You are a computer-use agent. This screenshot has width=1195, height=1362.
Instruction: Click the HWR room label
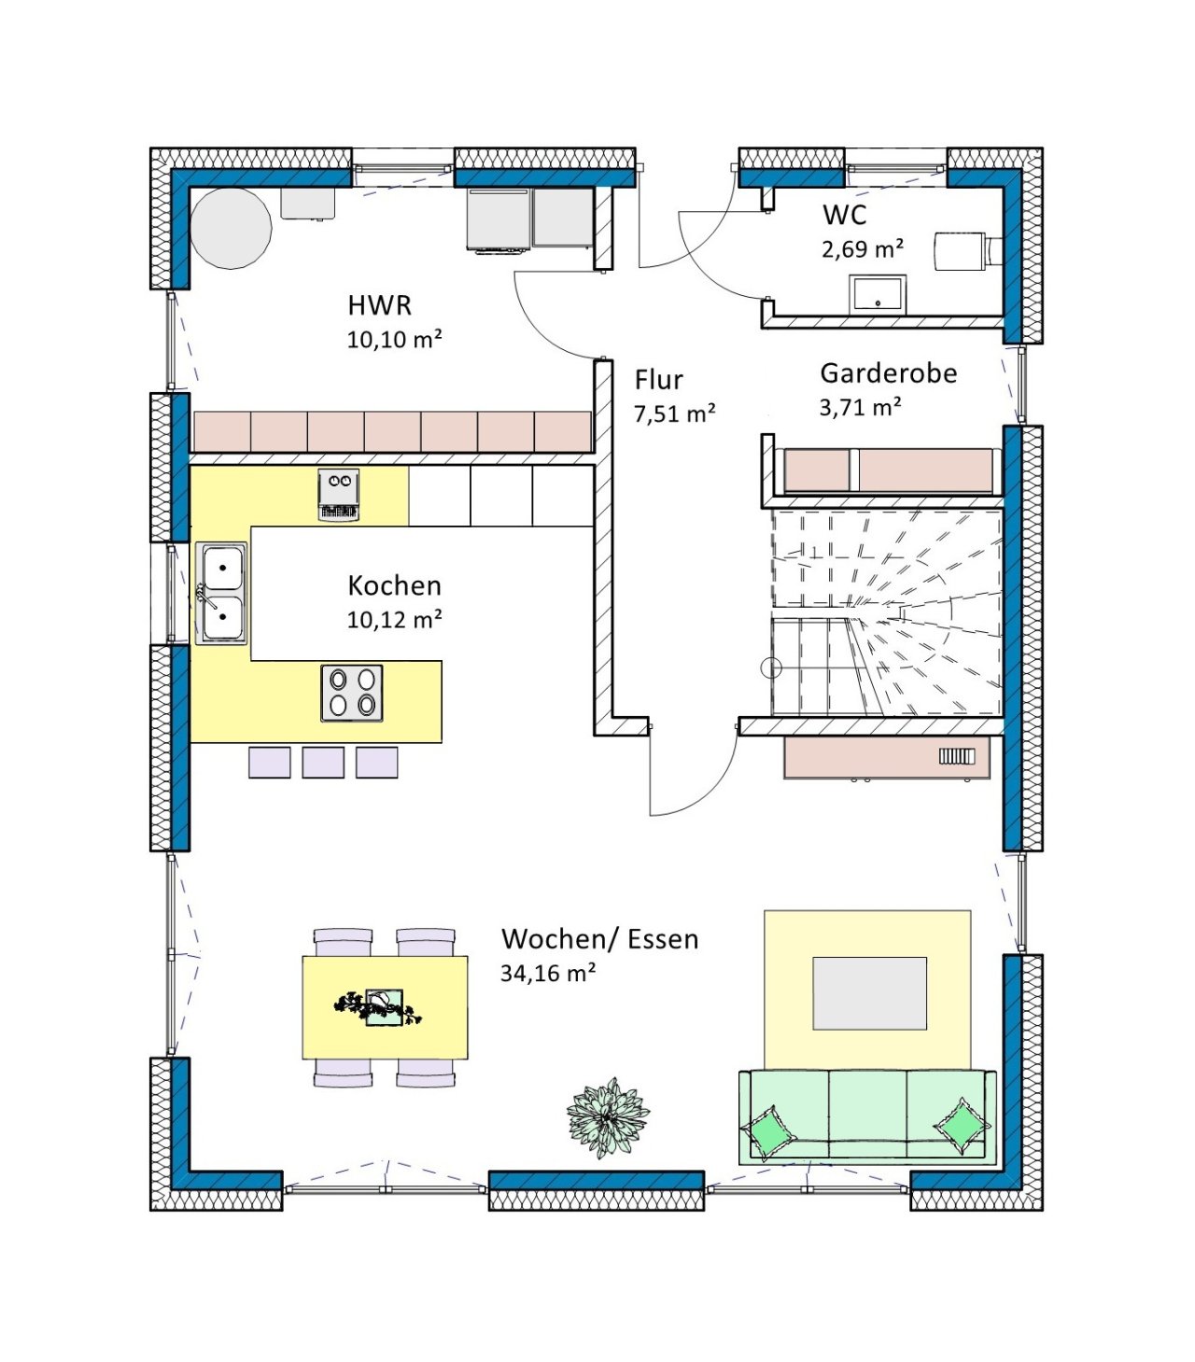379,306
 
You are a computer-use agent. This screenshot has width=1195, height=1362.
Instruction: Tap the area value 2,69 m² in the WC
862,249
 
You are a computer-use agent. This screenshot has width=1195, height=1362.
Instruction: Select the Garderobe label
889,373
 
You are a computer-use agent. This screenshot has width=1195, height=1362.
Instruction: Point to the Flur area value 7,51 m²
674,414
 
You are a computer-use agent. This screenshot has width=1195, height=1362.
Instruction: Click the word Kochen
394,586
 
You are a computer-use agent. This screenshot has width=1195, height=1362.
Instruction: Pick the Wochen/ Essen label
600,939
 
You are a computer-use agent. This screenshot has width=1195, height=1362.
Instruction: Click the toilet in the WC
967,252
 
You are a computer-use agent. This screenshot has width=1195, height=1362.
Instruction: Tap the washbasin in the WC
877,293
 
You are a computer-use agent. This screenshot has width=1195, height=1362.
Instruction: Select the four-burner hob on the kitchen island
352,693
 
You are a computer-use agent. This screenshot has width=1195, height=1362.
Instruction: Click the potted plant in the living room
607,1117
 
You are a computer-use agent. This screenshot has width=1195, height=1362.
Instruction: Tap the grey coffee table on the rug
869,993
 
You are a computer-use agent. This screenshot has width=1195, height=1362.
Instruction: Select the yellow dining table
385,1007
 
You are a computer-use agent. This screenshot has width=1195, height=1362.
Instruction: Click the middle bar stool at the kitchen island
323,763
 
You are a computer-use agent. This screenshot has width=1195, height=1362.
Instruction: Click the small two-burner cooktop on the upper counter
338,494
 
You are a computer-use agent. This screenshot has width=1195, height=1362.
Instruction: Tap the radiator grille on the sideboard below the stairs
956,756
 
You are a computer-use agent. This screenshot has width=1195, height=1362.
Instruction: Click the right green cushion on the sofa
962,1126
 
